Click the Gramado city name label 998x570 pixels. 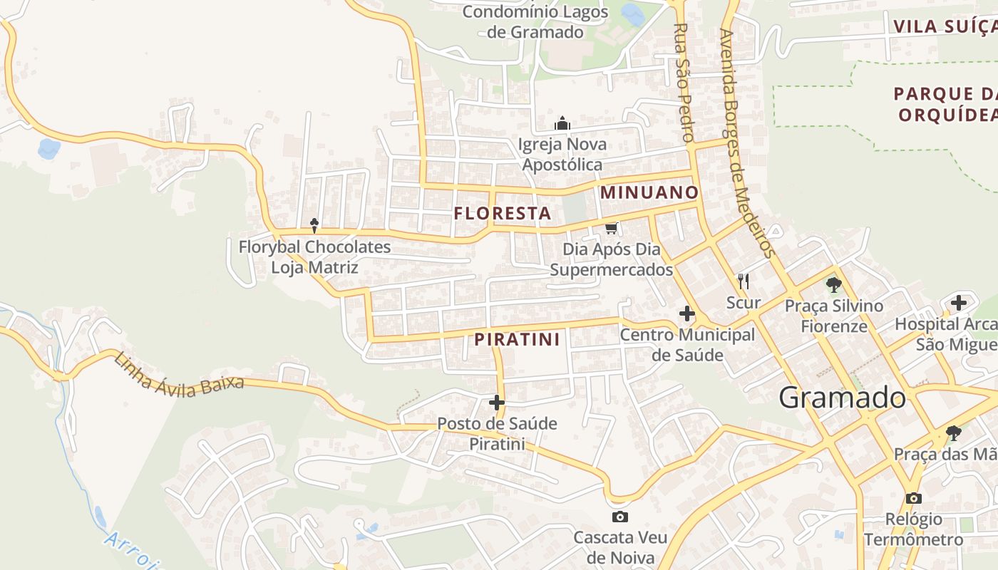[842, 398]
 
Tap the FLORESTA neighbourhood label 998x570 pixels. [503, 213]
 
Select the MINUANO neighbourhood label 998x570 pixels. [649, 192]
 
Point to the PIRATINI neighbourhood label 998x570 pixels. [518, 339]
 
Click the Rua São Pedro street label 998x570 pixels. [684, 82]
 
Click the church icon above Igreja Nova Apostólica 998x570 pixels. [563, 124]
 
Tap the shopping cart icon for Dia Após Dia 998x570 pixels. [611, 228]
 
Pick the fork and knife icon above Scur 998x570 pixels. [744, 281]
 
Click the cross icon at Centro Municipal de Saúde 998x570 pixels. [687, 313]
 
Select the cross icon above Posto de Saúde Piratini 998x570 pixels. [497, 403]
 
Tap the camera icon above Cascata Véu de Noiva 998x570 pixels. [620, 517]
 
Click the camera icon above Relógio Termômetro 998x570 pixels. [914, 498]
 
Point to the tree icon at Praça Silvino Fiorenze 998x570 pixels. [833, 285]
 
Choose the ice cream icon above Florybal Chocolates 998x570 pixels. [314, 226]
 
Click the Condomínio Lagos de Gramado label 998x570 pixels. [535, 21]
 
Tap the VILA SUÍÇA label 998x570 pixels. [945, 27]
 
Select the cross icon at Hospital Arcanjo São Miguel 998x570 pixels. [959, 303]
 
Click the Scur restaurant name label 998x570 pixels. [744, 303]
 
